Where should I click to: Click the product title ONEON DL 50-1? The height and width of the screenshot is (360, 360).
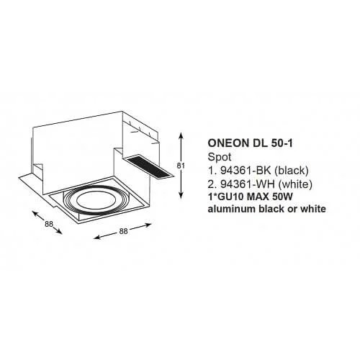251,143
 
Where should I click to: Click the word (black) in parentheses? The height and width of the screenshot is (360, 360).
292,171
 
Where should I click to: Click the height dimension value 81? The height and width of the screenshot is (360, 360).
181,166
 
